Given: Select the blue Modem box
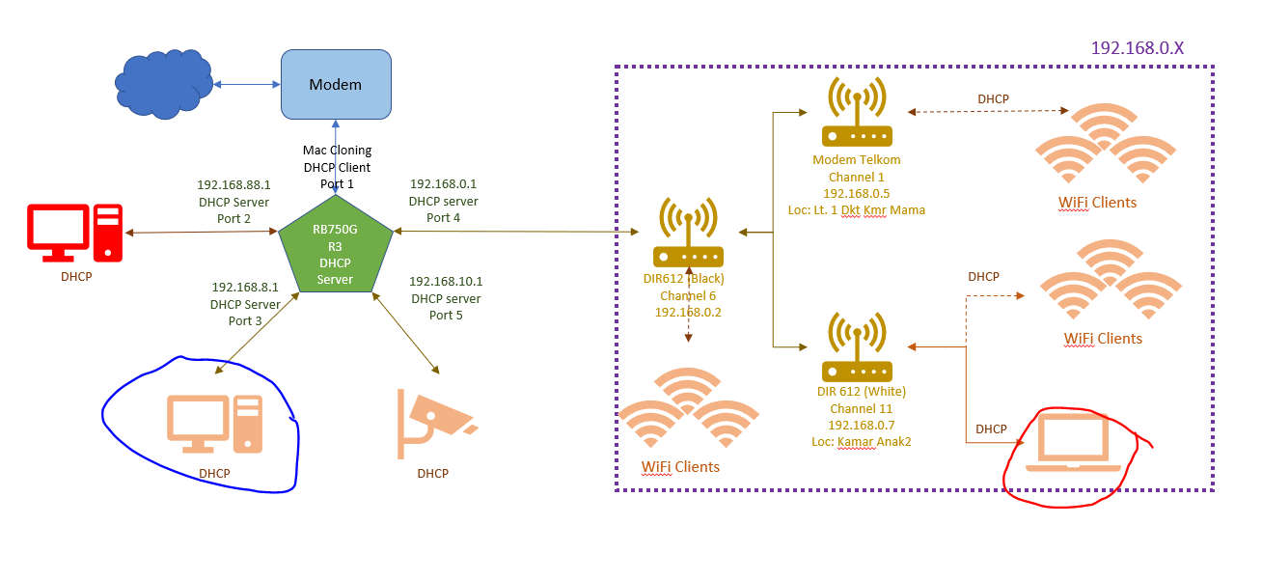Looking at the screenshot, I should [336, 85].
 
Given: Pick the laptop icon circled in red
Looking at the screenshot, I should [1073, 443].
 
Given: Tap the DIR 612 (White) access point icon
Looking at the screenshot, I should [857, 347].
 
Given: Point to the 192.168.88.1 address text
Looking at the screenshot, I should [233, 184].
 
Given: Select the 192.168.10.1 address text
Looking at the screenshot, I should [446, 281].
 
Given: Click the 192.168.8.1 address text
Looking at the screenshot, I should [245, 287].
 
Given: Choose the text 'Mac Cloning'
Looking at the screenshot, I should [337, 151].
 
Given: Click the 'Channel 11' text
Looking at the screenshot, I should [862, 408].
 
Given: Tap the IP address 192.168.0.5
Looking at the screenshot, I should [856, 193].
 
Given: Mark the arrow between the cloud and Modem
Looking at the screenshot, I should [246, 85].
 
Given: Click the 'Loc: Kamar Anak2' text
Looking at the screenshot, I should [862, 441].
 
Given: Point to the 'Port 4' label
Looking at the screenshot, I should [443, 217].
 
